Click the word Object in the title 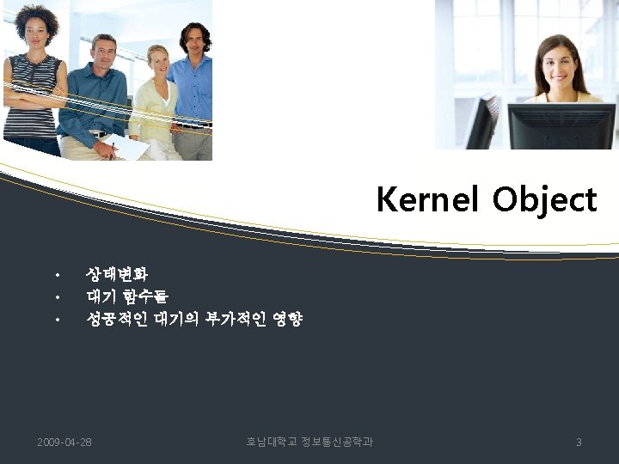(544, 200)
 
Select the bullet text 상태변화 (117, 274)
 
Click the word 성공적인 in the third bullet (117, 320)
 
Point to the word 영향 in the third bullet (287, 320)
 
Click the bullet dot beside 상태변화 (56, 276)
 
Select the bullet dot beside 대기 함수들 (56, 298)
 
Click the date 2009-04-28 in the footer (64, 443)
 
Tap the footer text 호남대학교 (271, 443)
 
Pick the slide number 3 (579, 443)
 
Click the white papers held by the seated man (127, 147)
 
